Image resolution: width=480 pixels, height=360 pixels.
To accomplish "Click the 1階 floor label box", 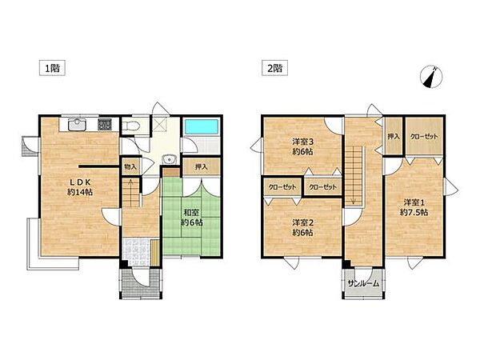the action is pyautogui.click(x=52, y=68).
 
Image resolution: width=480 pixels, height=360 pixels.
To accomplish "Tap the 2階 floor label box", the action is pyautogui.click(x=274, y=68).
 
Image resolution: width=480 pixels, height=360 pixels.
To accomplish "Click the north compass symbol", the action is pyautogui.click(x=432, y=77).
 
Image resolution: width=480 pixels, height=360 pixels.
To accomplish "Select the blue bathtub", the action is pyautogui.click(x=201, y=126).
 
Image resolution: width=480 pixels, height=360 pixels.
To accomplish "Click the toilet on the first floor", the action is pyautogui.click(x=130, y=126).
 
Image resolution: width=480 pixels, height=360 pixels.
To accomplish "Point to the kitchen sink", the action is pyautogui.click(x=77, y=125).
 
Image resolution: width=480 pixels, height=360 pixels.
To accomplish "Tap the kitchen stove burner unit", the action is pyautogui.click(x=105, y=124).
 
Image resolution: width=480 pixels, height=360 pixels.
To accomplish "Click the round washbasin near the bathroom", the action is pyautogui.click(x=168, y=159).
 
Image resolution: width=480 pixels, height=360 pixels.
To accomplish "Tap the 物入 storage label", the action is pyautogui.click(x=130, y=167).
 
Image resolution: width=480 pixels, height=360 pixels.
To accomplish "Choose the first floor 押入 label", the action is pyautogui.click(x=201, y=167).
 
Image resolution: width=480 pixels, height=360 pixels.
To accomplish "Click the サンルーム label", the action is pyautogui.click(x=363, y=284).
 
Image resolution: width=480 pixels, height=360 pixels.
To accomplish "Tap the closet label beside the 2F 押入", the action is pyautogui.click(x=424, y=137).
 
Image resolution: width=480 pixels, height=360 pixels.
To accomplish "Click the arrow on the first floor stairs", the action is pyautogui.click(x=130, y=194).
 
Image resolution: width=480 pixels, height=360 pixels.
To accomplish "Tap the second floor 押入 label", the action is pyautogui.click(x=394, y=137).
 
